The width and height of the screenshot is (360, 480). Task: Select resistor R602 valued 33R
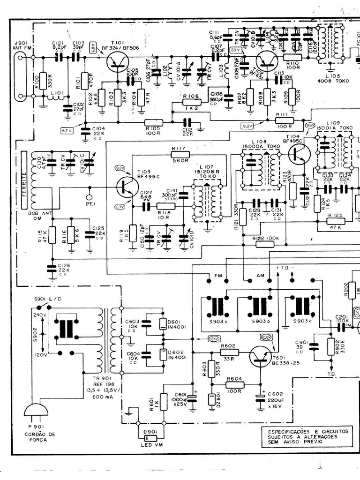tap(229, 352)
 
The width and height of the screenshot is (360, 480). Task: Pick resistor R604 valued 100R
tap(234, 384)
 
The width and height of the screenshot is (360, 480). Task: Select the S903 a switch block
tap(217, 307)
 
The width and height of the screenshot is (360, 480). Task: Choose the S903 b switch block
tap(256, 307)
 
